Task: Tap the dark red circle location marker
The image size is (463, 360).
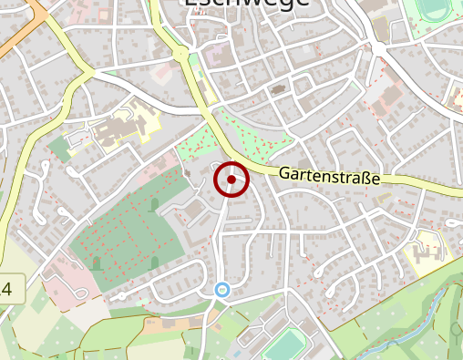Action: (231, 180)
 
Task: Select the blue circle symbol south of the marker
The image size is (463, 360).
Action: (221, 289)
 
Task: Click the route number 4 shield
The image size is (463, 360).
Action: (7, 290)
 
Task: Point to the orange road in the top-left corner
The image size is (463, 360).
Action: (35, 11)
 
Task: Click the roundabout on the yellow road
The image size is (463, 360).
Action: (181, 55)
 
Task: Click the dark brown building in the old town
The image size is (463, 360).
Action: (278, 89)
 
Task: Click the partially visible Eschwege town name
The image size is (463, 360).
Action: (246, 4)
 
